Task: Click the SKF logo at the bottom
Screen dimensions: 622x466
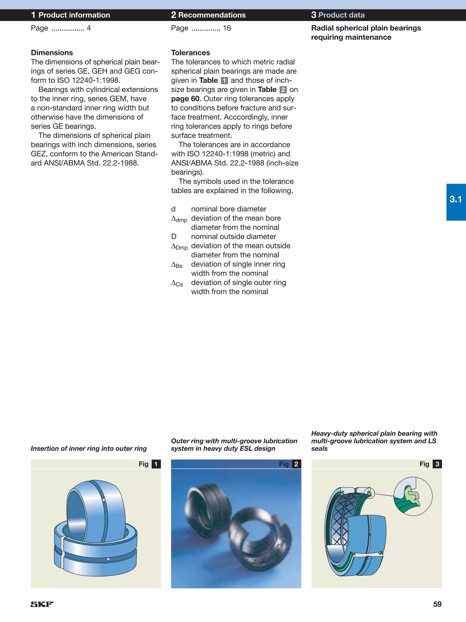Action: pos(42,604)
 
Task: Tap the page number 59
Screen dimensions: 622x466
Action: pos(437,604)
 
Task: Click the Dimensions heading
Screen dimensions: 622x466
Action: pos(52,53)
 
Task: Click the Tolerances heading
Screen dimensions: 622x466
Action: pos(190,53)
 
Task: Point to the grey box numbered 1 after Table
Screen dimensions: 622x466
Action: pos(224,81)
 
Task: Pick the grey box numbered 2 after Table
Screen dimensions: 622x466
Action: pos(283,90)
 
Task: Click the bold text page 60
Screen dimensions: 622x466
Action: pos(185,99)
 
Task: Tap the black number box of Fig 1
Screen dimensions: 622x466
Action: pos(156,464)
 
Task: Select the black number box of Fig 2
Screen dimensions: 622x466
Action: pos(296,464)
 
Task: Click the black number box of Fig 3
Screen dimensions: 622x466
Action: pos(437,464)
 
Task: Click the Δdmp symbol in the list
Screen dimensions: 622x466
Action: pos(179,219)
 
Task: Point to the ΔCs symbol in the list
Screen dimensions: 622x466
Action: pos(177,283)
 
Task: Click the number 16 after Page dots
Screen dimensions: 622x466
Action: pos(227,28)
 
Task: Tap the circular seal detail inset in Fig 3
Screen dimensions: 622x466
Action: pos(413,496)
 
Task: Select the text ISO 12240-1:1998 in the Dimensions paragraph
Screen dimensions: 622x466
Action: pos(89,80)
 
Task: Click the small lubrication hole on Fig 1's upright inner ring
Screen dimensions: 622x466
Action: pos(104,500)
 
